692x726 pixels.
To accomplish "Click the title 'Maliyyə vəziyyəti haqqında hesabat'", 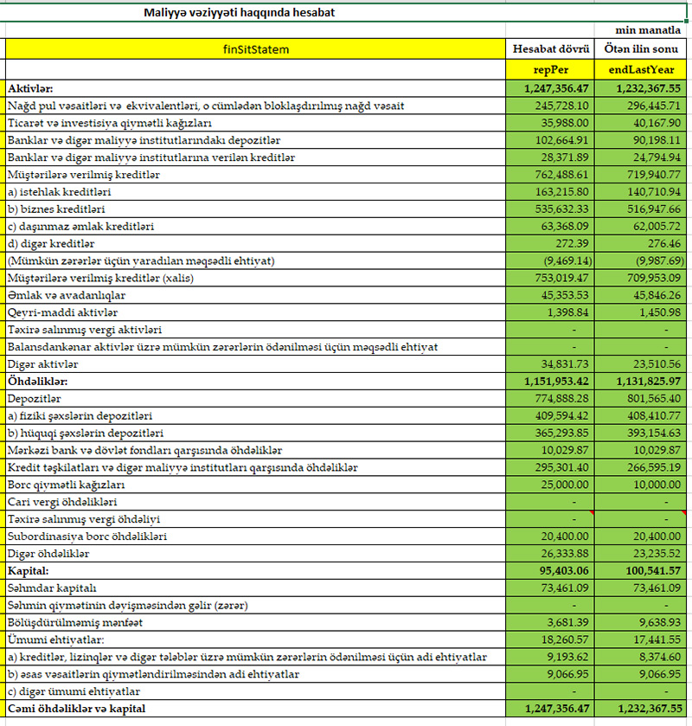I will click(240, 13).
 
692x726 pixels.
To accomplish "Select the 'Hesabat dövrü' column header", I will click(551, 49).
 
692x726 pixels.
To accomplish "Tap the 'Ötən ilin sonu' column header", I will click(644, 49).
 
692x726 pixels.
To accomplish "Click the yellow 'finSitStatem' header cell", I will click(256, 49).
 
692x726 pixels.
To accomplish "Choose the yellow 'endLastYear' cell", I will click(644, 69).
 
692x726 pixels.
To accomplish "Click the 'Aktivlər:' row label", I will click(30, 88).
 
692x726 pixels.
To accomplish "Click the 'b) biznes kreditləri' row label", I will click(56, 209).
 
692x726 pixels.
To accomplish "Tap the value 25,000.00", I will click(567, 485).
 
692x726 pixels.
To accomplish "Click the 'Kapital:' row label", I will click(30, 571).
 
